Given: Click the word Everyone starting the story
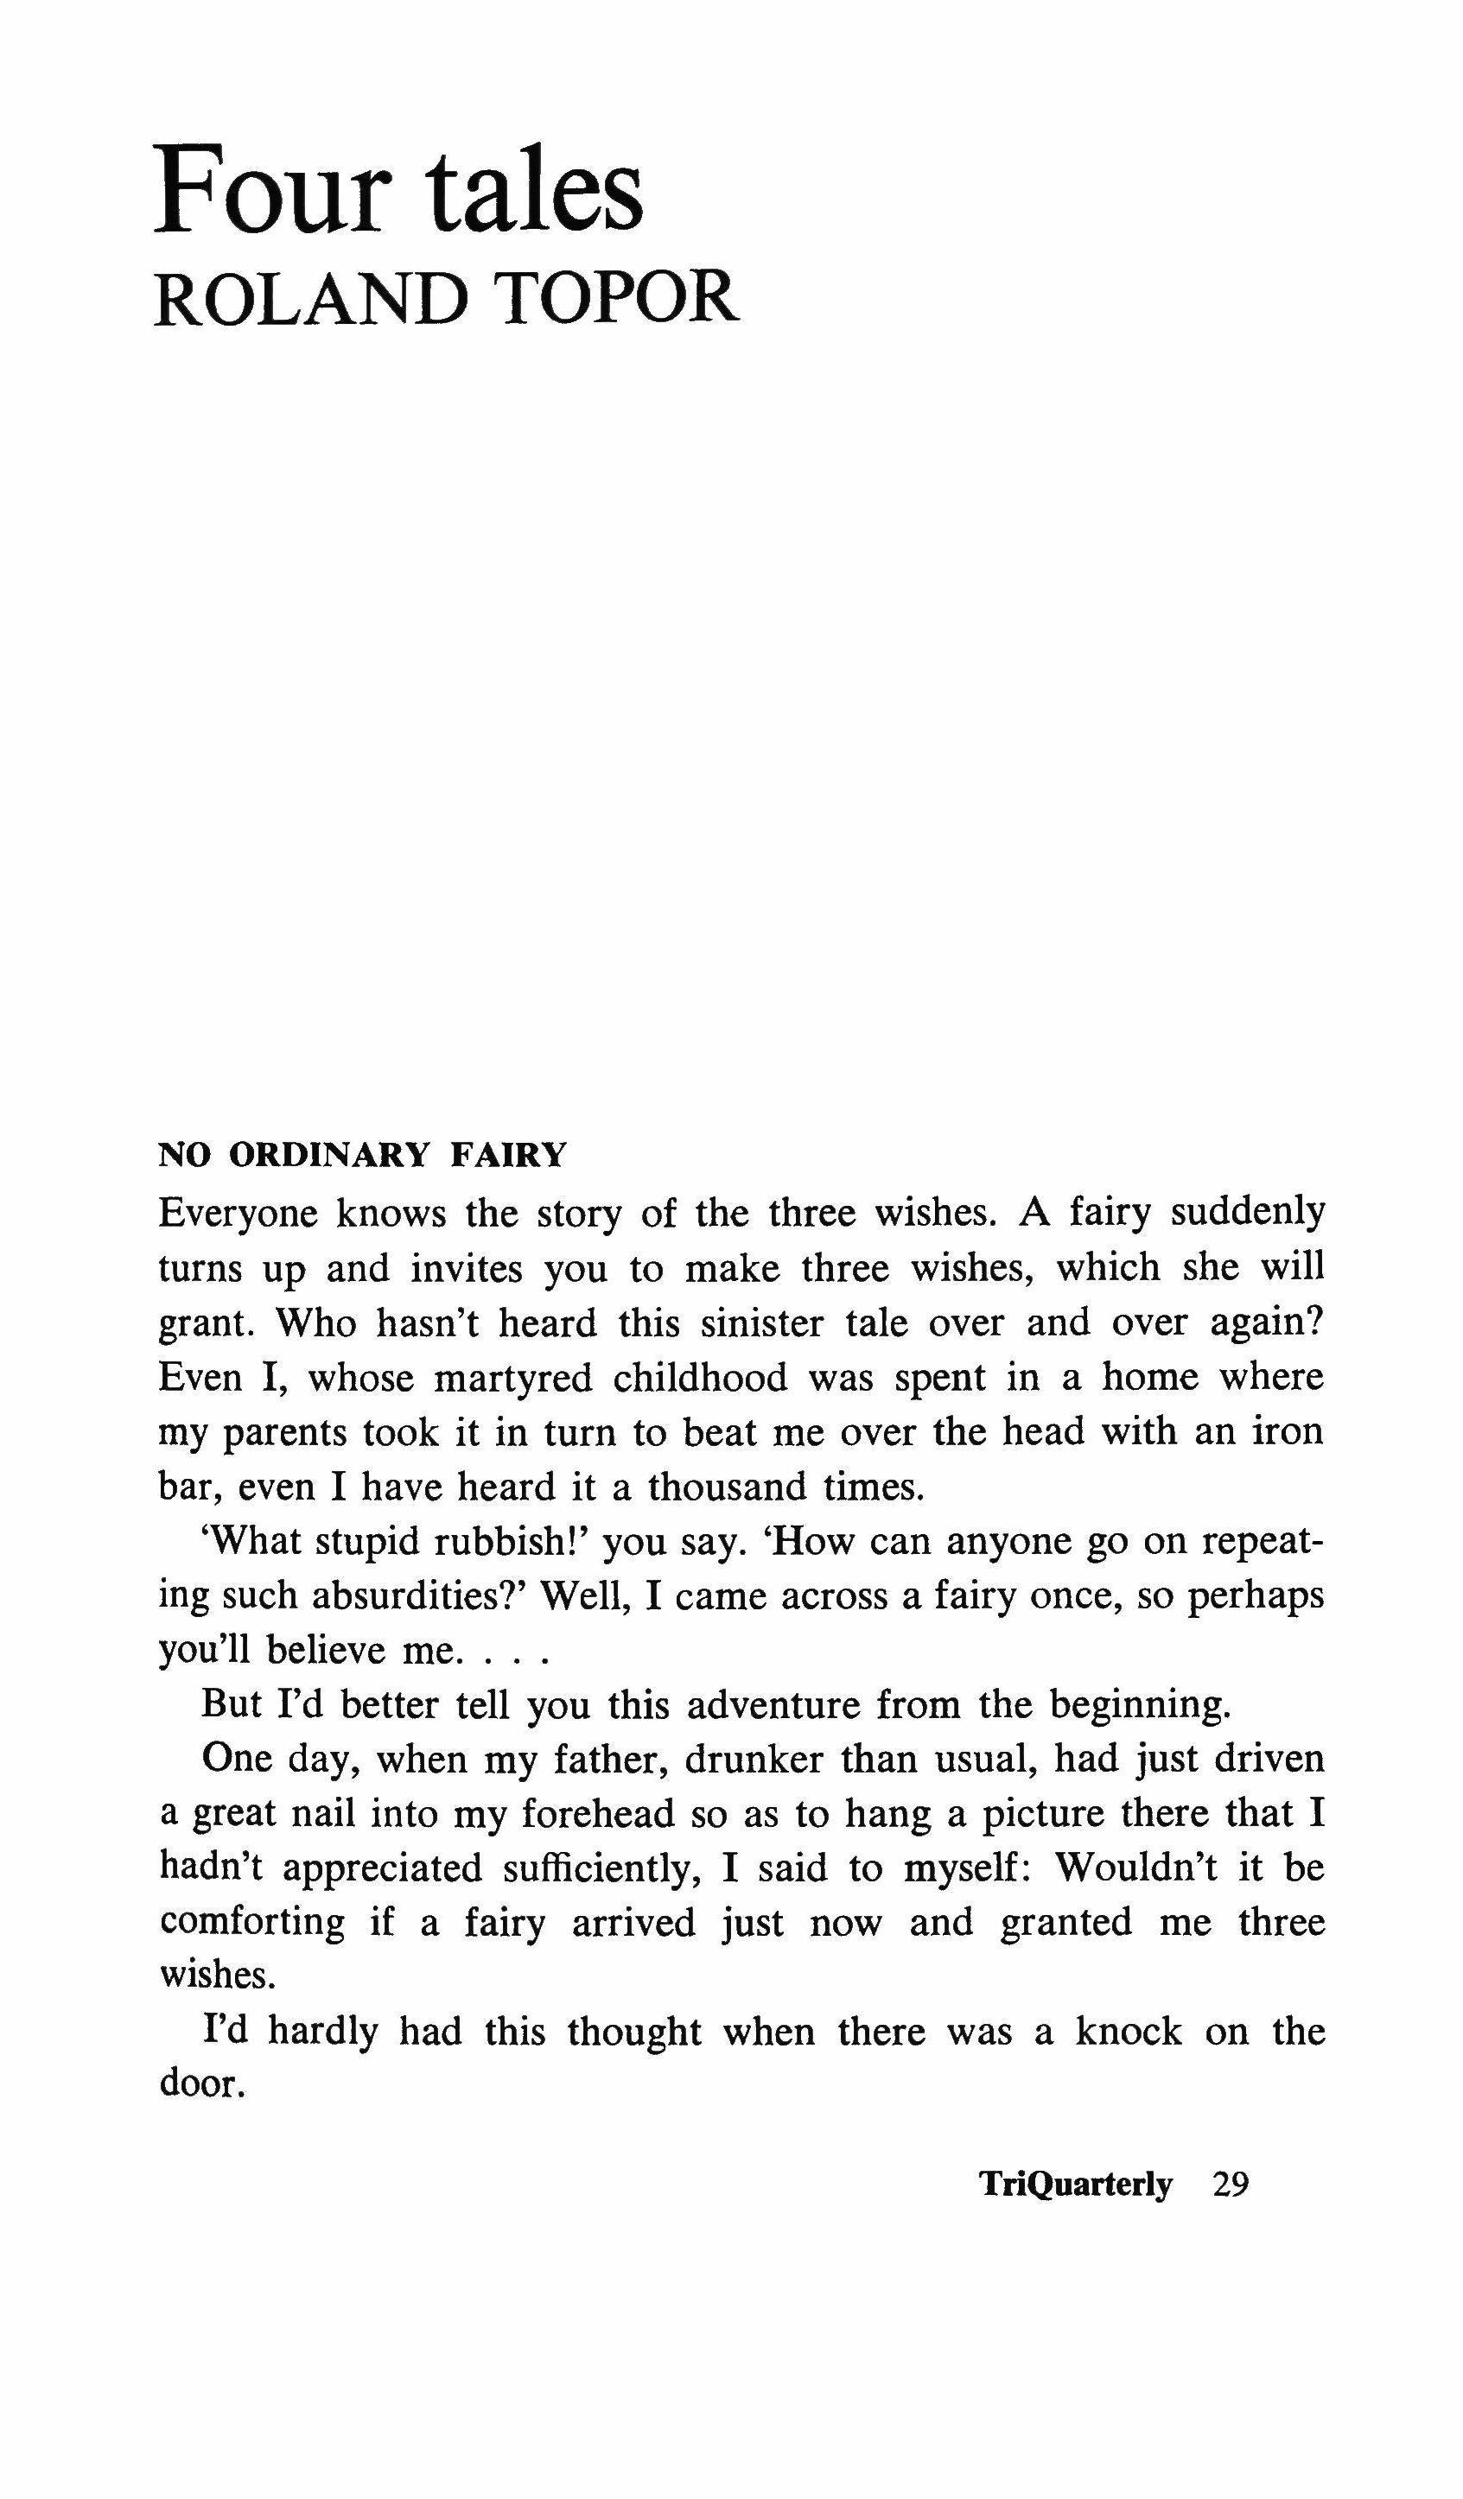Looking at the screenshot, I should (x=238, y=1213).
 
